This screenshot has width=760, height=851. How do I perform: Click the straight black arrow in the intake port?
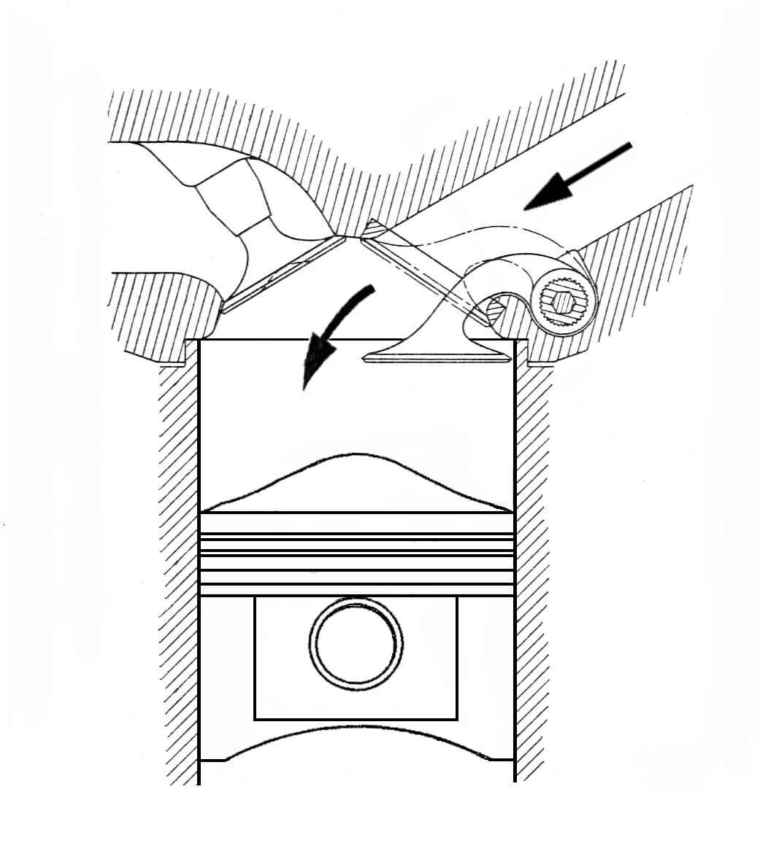577,176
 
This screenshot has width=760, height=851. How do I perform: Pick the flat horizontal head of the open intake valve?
438,357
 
